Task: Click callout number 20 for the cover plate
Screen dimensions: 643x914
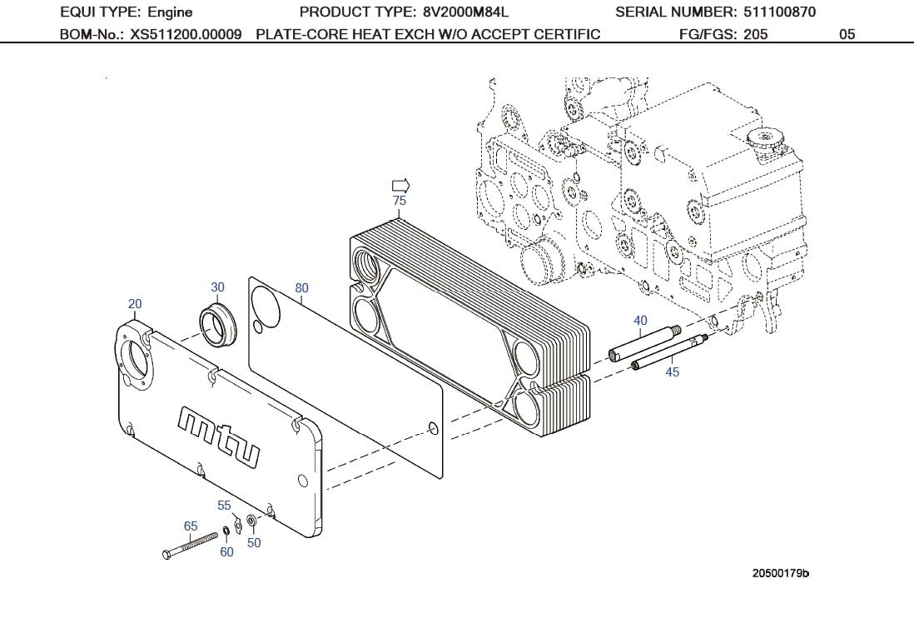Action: click(135, 304)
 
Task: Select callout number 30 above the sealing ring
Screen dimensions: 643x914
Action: click(217, 287)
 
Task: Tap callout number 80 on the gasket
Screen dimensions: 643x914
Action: click(301, 288)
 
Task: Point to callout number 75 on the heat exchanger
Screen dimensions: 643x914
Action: click(400, 201)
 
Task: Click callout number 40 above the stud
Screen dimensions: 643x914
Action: click(640, 321)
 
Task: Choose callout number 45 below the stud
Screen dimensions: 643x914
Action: click(673, 372)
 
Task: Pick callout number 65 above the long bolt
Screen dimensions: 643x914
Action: click(191, 526)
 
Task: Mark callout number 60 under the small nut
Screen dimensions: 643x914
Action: click(226, 552)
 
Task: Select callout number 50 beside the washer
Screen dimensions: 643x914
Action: click(254, 543)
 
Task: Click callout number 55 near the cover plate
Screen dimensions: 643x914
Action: click(225, 506)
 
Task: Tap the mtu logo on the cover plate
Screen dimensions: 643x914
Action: click(218, 434)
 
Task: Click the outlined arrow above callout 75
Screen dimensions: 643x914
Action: click(400, 186)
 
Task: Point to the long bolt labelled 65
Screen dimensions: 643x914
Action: click(191, 547)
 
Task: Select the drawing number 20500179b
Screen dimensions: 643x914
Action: click(781, 573)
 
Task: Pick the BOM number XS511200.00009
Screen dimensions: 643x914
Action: click(186, 35)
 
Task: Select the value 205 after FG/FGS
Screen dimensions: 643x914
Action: click(756, 35)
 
